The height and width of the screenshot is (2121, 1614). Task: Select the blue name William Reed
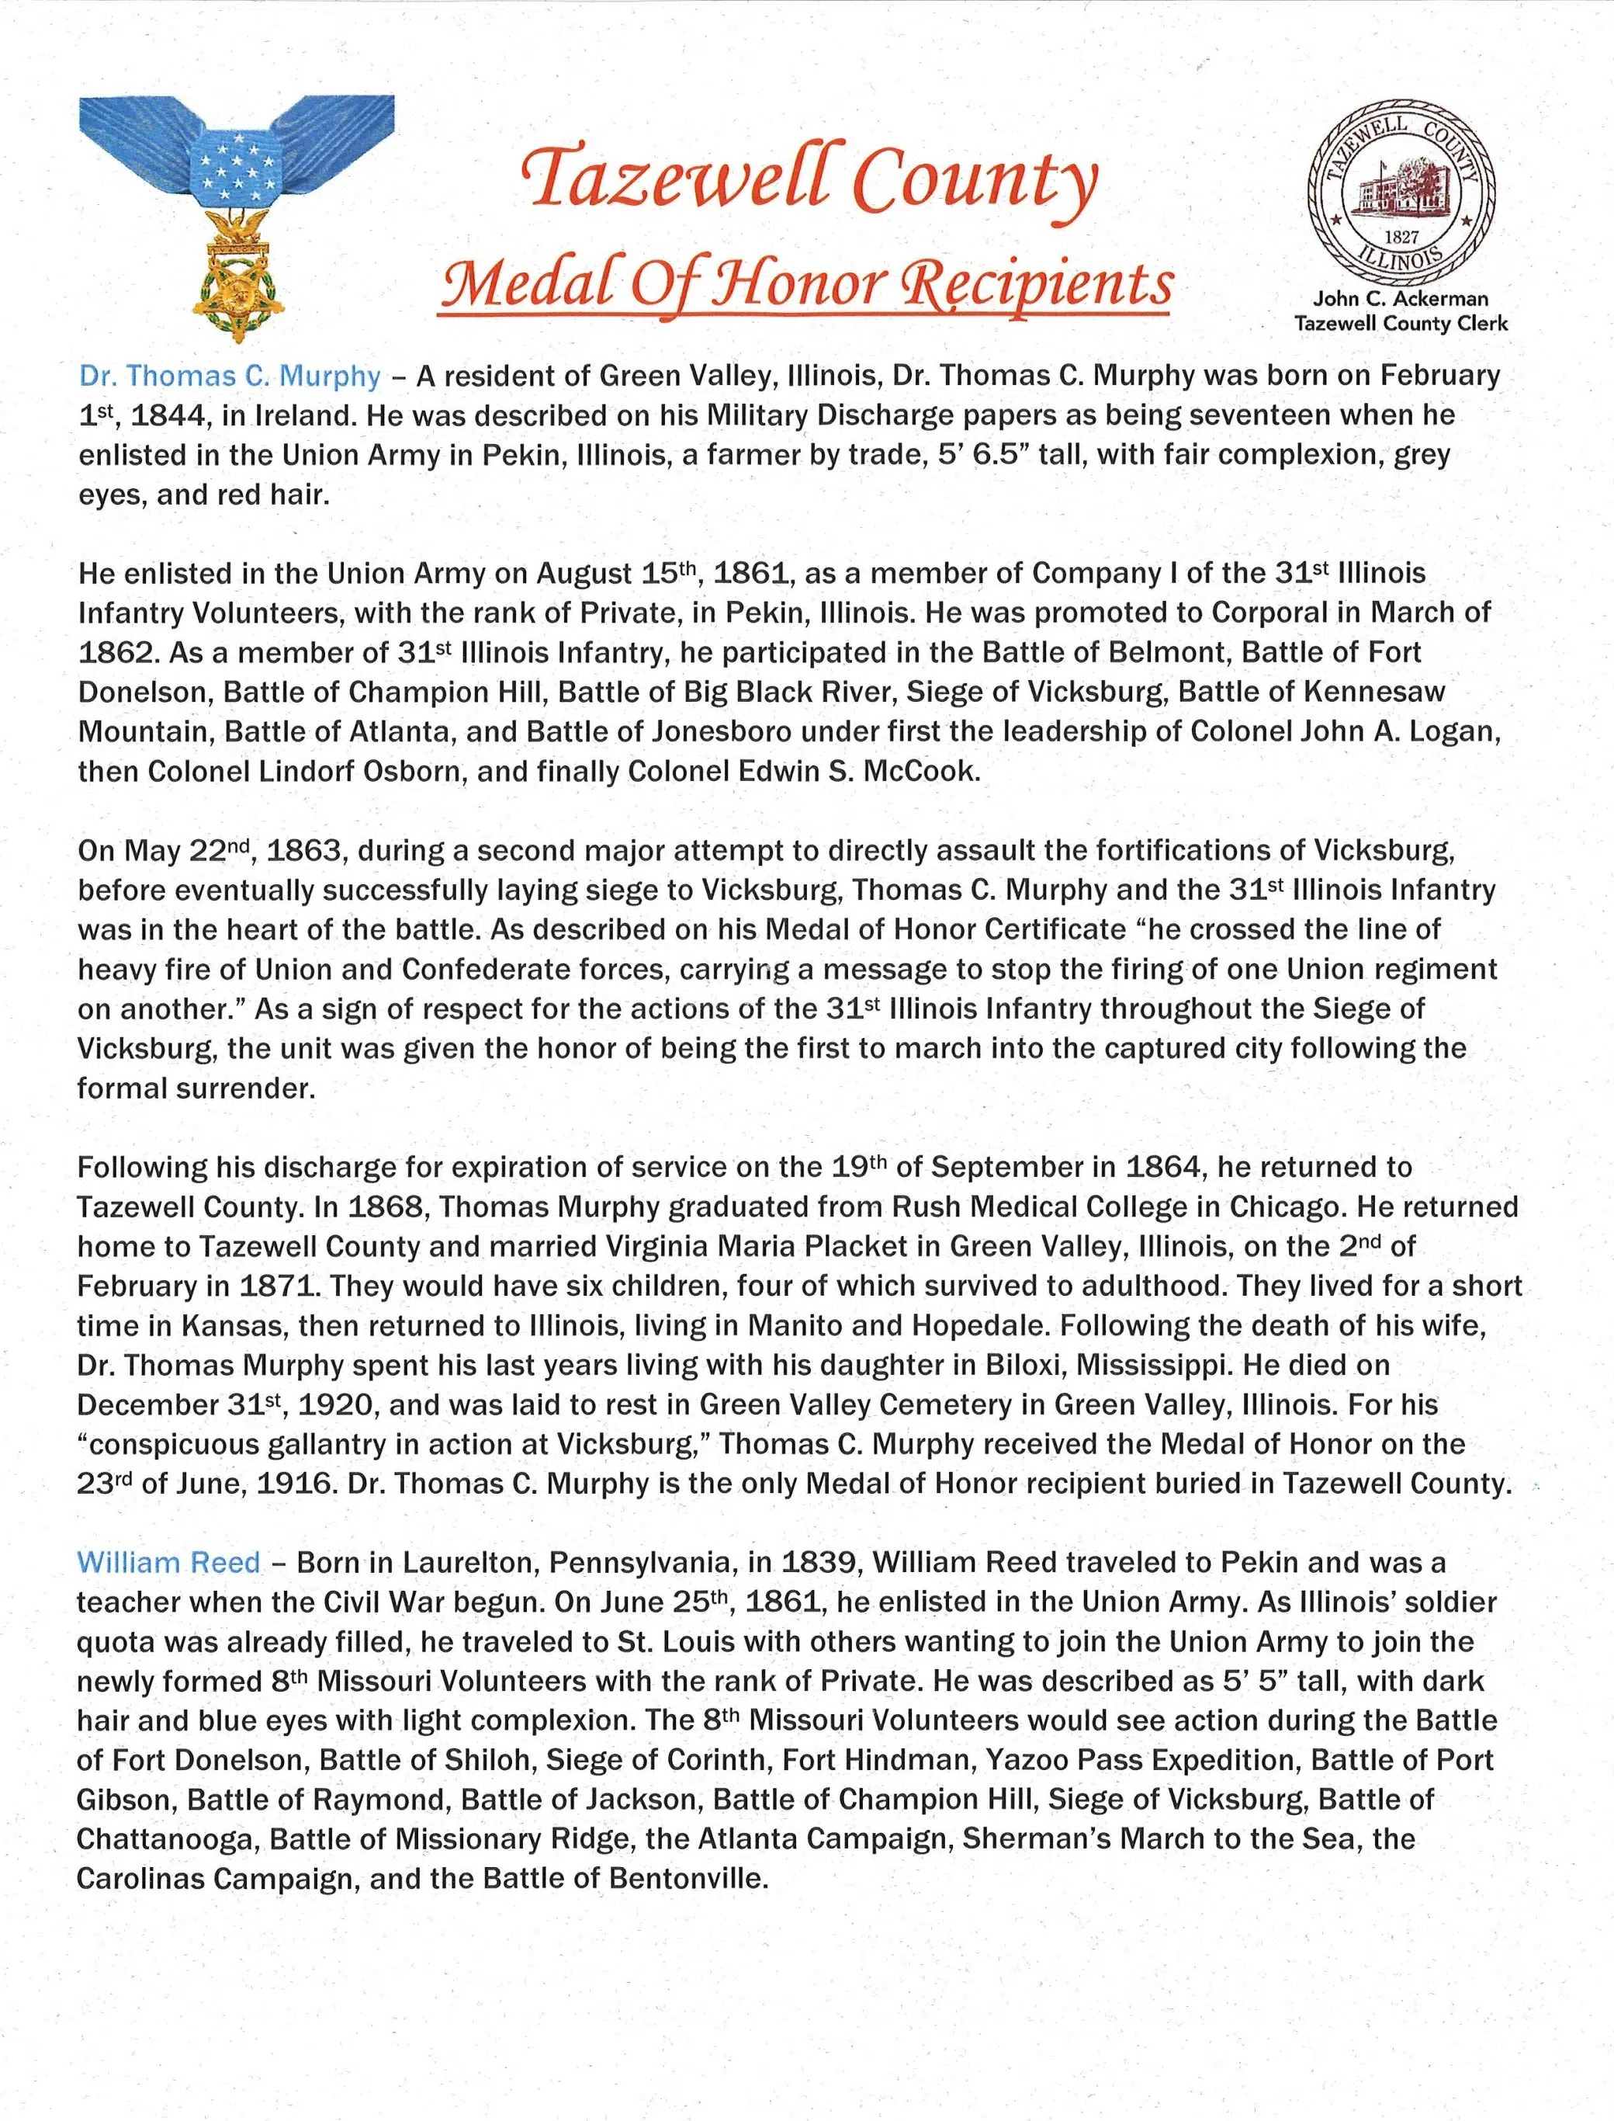(168, 1562)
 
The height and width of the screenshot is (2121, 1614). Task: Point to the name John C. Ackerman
(1401, 300)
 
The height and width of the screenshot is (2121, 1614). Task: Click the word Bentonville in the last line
(686, 1878)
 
